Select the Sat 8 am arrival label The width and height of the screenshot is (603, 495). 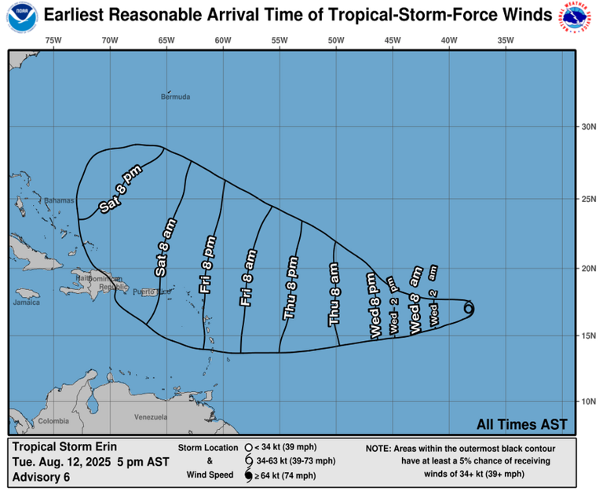click(166, 247)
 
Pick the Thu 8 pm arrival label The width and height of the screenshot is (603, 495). click(291, 287)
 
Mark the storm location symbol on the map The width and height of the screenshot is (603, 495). click(469, 309)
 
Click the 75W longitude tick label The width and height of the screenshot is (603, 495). click(53, 40)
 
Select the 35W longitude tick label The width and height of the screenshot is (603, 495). click(506, 40)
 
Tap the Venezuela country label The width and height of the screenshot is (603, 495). click(150, 416)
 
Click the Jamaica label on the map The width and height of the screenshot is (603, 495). click(26, 302)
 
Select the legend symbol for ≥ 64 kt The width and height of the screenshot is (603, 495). click(248, 476)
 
